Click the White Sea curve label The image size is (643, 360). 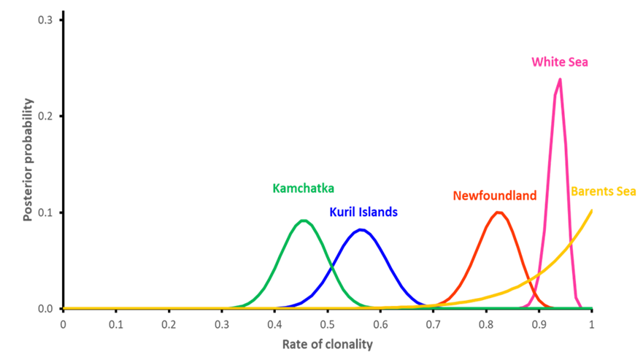(x=559, y=62)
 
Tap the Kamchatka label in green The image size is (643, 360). (x=303, y=188)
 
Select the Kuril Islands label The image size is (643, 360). (x=363, y=212)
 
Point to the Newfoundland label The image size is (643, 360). (x=494, y=196)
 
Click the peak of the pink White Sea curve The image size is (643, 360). (x=559, y=79)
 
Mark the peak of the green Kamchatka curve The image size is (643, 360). (x=304, y=220)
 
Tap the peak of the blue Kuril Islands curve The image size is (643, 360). (x=361, y=229)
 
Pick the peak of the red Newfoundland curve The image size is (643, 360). (x=498, y=212)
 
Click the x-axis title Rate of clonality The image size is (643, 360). (x=327, y=345)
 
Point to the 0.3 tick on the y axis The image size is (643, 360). (x=46, y=20)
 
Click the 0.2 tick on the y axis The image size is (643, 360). (x=46, y=116)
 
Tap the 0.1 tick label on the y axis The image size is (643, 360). (x=46, y=212)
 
